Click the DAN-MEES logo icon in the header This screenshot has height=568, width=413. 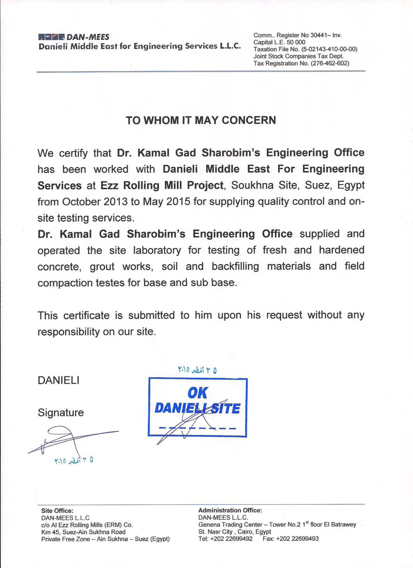(51, 36)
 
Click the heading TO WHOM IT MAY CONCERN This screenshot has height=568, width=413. (201, 120)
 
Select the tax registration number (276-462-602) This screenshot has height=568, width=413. (330, 63)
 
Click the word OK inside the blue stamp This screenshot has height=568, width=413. (198, 392)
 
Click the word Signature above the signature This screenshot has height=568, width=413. (61, 412)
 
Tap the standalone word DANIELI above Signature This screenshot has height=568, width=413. (59, 380)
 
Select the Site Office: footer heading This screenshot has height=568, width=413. (57, 510)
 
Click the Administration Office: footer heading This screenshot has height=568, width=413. (230, 510)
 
